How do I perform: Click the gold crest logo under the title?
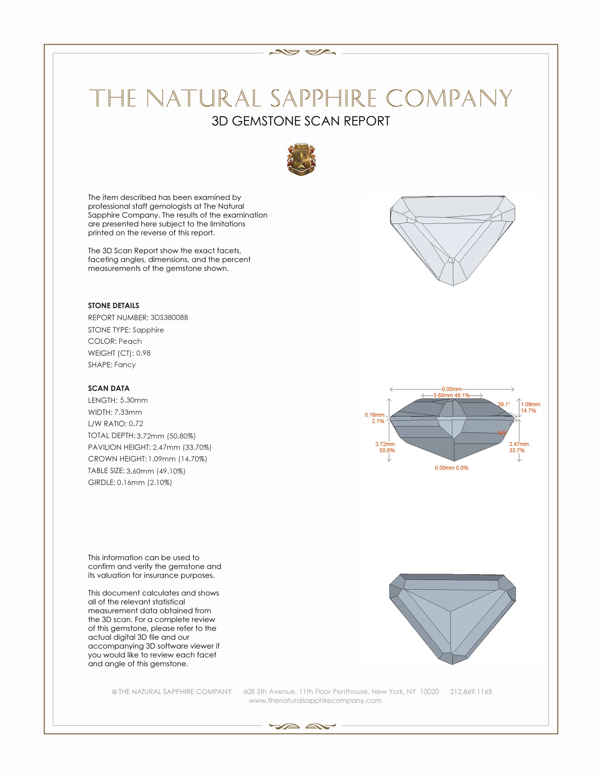click(301, 159)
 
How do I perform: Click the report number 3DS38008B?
click(169, 318)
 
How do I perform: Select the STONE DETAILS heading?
click(113, 306)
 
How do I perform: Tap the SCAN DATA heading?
click(109, 388)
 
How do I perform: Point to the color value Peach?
click(130, 341)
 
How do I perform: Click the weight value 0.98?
click(143, 353)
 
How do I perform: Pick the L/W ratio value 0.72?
click(136, 424)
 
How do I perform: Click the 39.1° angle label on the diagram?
click(504, 404)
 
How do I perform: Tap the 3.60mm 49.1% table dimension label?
click(451, 395)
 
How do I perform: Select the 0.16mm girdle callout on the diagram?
click(374, 415)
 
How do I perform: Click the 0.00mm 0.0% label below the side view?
click(451, 468)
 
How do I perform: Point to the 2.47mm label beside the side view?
click(519, 444)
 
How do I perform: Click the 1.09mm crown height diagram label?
click(530, 404)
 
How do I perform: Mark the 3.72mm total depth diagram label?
click(385, 444)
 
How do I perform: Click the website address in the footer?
click(315, 700)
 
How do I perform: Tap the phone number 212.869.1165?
click(471, 691)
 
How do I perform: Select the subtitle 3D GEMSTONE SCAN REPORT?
click(301, 121)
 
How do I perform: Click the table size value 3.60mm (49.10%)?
click(156, 471)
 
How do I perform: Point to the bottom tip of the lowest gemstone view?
click(452, 664)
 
